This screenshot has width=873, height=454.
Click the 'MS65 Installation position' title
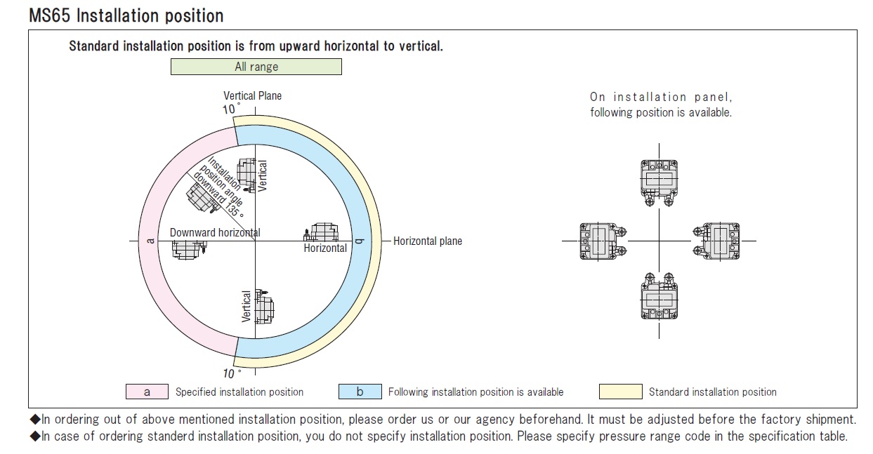click(x=126, y=15)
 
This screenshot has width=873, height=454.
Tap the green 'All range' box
click(x=256, y=67)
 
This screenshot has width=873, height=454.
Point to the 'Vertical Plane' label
click(x=253, y=95)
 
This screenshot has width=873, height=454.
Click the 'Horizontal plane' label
click(x=428, y=241)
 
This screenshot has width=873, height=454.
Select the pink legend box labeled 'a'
click(x=147, y=392)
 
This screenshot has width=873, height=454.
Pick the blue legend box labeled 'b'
click(x=360, y=392)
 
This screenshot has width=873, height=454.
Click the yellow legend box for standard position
click(x=620, y=392)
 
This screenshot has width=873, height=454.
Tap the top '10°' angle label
click(x=231, y=109)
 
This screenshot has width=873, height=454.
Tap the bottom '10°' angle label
click(x=231, y=373)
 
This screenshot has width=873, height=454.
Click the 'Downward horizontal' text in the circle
click(x=215, y=232)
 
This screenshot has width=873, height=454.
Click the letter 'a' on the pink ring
click(x=149, y=241)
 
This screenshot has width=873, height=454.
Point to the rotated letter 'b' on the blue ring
click(x=360, y=241)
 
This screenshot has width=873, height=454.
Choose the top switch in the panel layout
click(x=659, y=180)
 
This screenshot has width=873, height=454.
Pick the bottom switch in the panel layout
click(x=659, y=298)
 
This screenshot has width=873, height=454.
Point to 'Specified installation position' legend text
click(x=239, y=392)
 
